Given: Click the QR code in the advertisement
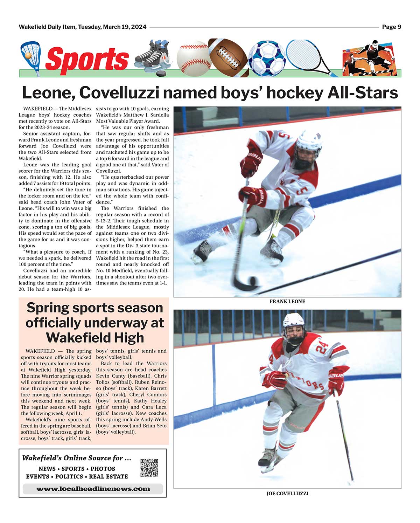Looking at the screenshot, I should coord(149,468).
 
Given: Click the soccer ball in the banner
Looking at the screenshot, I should coord(267,58).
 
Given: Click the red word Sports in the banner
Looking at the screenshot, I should coord(87,59).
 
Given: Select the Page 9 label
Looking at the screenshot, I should coord(391,27).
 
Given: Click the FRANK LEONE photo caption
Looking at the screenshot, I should coord(287,301).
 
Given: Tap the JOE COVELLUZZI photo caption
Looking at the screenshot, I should coord(287,493).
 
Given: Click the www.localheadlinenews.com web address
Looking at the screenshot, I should coord(93,489).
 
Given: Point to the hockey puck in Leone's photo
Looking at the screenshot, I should coord(252,281).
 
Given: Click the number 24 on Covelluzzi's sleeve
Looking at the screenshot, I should coord(322,347).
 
